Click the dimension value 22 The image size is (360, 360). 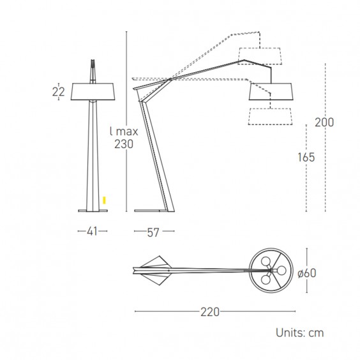(x=58, y=92)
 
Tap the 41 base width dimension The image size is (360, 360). (x=93, y=231)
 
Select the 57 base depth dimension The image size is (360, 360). (x=153, y=232)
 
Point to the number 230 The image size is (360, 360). (x=124, y=144)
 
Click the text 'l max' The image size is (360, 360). (x=124, y=131)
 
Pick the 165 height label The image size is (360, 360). (x=306, y=157)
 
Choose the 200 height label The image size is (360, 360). (x=324, y=122)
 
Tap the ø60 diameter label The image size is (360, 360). (x=307, y=273)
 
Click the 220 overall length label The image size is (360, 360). (x=210, y=311)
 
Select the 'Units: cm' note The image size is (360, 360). (x=299, y=333)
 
